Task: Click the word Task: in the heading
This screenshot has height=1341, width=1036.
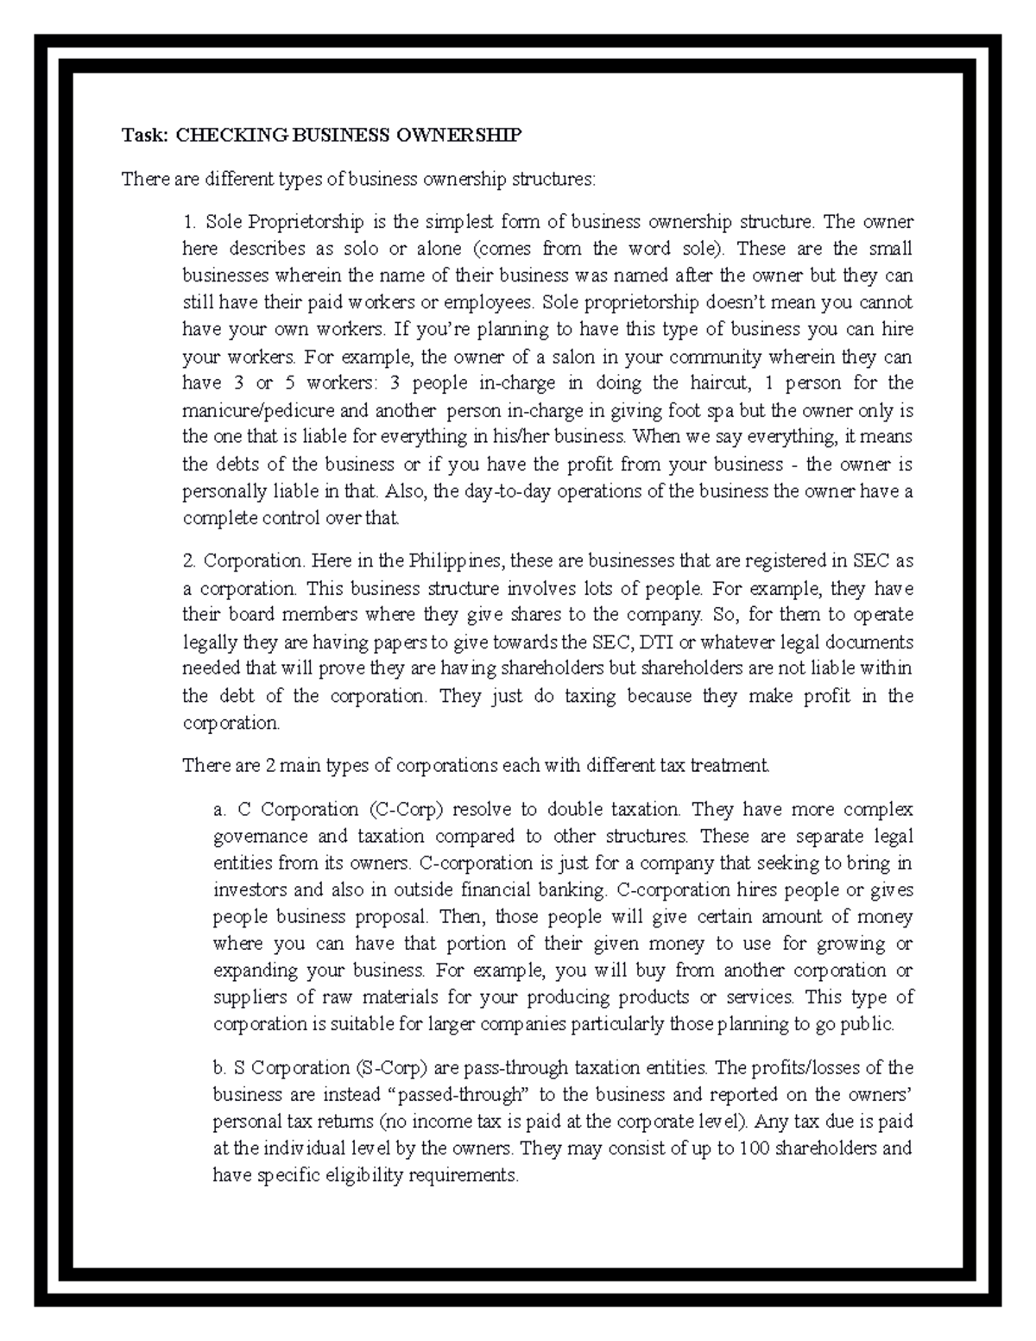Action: point(144,135)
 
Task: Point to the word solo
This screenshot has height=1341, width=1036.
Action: point(360,249)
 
